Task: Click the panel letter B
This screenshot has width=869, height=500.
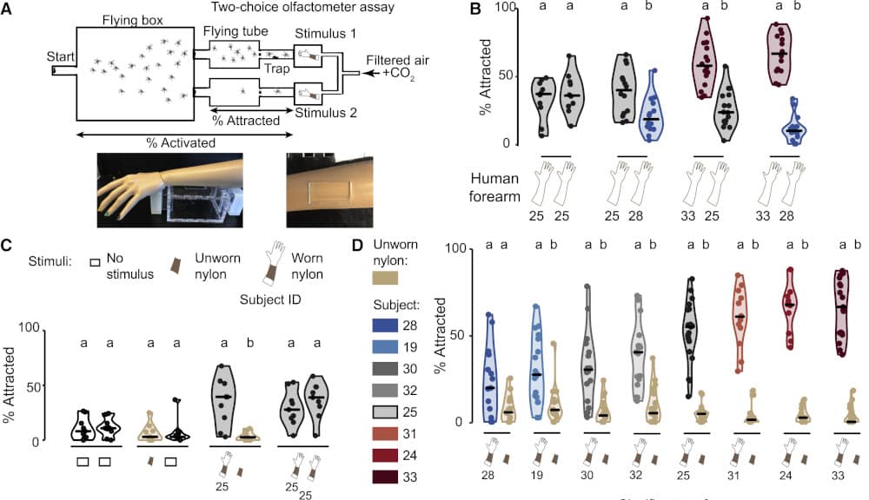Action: pyautogui.click(x=475, y=9)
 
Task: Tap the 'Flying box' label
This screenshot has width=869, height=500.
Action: pyautogui.click(x=132, y=21)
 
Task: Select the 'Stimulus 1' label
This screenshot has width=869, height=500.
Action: pyautogui.click(x=325, y=33)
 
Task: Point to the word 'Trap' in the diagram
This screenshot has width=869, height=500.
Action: pyautogui.click(x=276, y=69)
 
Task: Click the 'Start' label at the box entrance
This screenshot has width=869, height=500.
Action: pyautogui.click(x=61, y=56)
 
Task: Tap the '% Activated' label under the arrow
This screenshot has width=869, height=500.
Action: pyautogui.click(x=181, y=142)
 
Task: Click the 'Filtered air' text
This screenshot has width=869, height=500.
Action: pyautogui.click(x=397, y=61)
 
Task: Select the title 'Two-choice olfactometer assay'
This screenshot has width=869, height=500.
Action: pyautogui.click(x=302, y=7)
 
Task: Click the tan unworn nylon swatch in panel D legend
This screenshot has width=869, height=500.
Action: pyautogui.click(x=386, y=278)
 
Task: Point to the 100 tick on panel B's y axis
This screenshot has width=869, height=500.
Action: pyautogui.click(x=505, y=7)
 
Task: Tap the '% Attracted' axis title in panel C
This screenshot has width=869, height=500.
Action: pyautogui.click(x=10, y=385)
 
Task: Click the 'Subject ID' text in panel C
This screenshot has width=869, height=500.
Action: pyautogui.click(x=270, y=299)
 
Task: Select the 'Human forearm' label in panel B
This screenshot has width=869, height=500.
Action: pyautogui.click(x=494, y=187)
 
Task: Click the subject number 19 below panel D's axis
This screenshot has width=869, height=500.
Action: pyautogui.click(x=536, y=475)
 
